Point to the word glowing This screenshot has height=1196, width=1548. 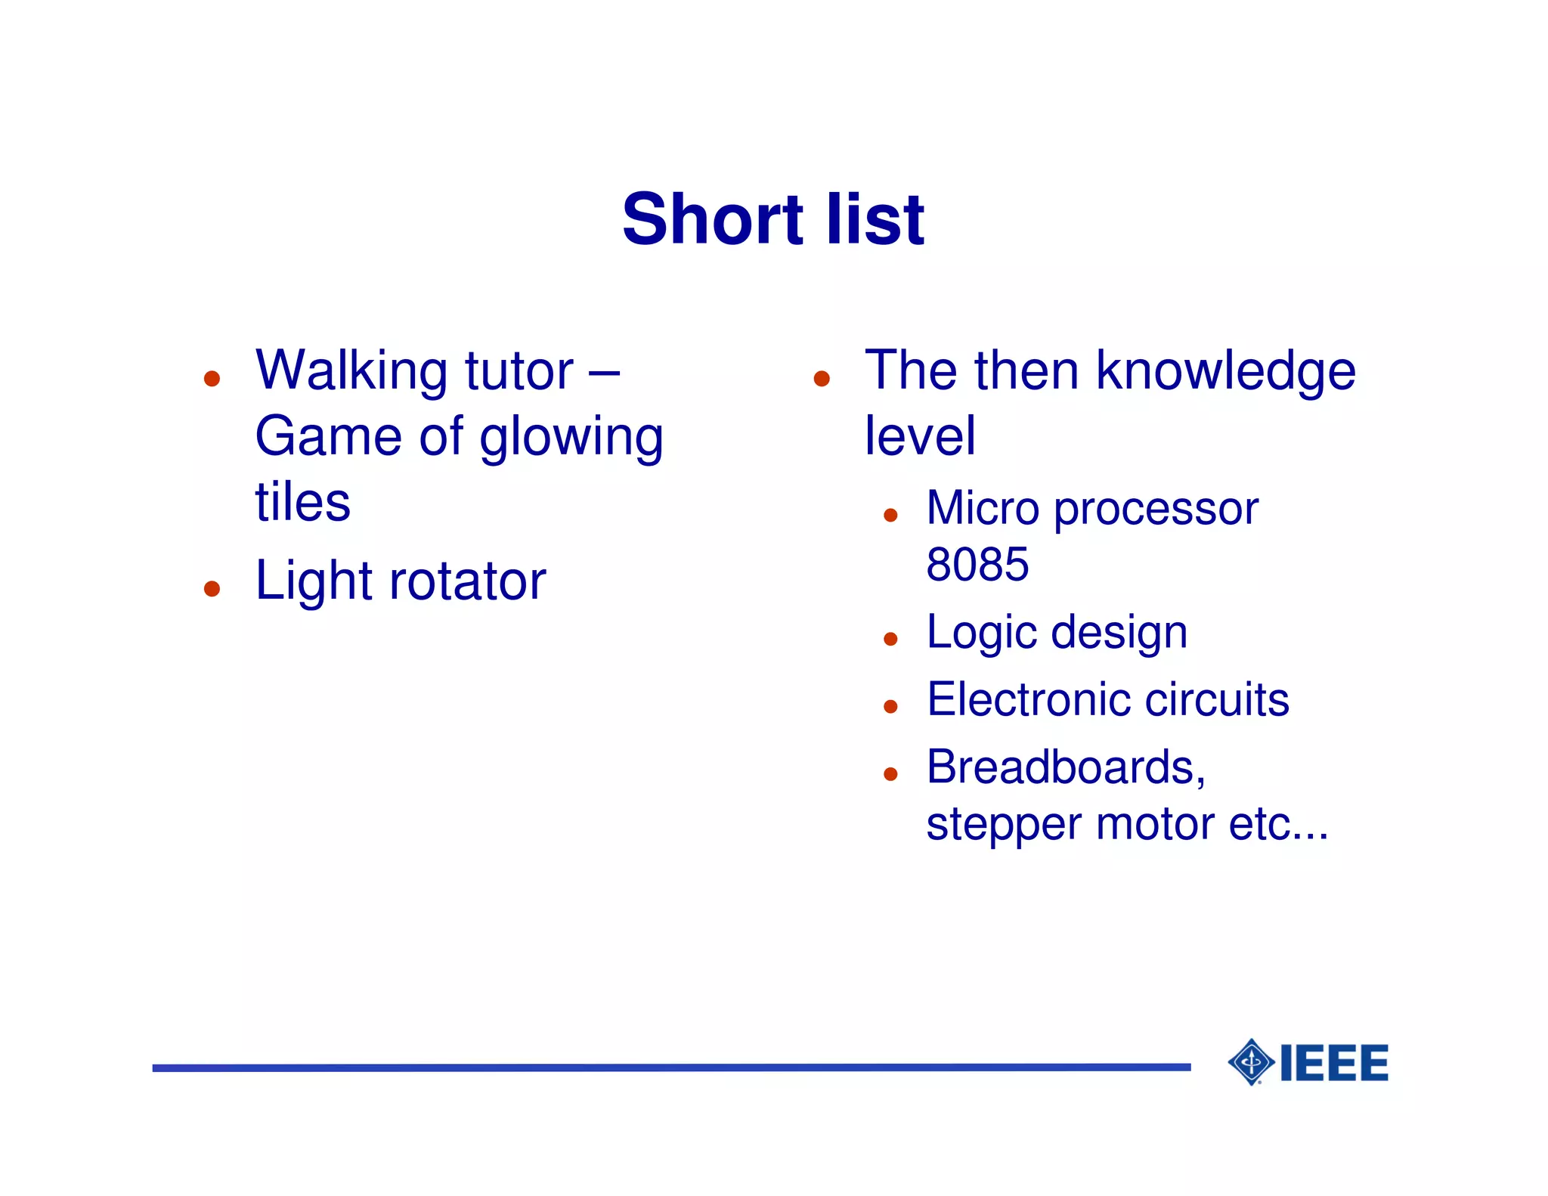[x=571, y=438]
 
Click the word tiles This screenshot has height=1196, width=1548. [x=302, y=503]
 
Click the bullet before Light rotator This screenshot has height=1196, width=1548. [x=212, y=588]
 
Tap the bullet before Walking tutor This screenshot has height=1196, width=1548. [x=212, y=378]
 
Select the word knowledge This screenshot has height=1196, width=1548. [x=1225, y=372]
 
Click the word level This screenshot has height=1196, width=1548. [x=919, y=436]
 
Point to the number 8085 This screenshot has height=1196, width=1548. [x=977, y=564]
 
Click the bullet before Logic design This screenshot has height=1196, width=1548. [x=890, y=639]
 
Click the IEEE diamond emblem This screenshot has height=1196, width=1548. [x=1252, y=1062]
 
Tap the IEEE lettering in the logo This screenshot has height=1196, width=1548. [x=1334, y=1063]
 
